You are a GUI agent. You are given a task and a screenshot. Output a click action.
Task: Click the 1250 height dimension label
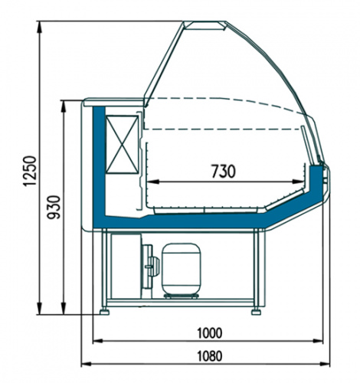click(x=30, y=171)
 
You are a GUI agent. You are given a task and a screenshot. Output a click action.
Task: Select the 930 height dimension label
click(x=54, y=207)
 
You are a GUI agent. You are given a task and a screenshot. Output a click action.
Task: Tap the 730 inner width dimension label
click(x=224, y=171)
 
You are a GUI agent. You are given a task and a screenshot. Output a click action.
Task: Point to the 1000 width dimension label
click(x=210, y=332)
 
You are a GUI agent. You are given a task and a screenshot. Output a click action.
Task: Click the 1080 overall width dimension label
click(x=210, y=356)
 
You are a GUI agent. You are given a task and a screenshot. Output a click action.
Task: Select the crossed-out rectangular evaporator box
click(x=123, y=145)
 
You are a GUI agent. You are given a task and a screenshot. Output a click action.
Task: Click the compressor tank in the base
click(x=182, y=270)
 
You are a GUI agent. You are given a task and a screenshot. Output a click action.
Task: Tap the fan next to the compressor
click(x=151, y=267)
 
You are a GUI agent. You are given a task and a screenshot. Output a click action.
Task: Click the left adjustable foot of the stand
click(x=104, y=312)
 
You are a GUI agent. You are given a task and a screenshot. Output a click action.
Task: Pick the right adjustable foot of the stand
click(x=256, y=312)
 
